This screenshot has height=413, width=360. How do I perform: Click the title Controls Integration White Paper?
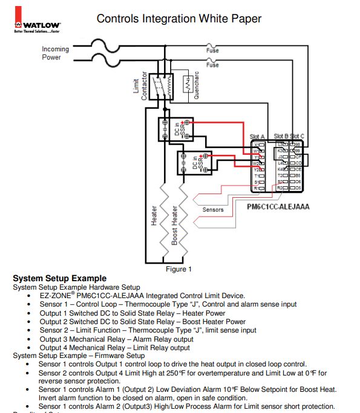[179, 19]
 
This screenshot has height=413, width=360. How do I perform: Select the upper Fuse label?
[212, 51]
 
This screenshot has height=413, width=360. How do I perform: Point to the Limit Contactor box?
[160, 86]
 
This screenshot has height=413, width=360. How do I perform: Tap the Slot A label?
[257, 137]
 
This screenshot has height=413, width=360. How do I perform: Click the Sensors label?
[213, 210]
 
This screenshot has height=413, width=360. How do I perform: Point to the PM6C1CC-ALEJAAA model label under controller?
[278, 207]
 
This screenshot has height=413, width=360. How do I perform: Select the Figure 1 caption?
[178, 269]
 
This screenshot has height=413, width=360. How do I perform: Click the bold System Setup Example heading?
[59, 278]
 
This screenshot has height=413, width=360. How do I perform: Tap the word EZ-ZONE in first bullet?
[56, 296]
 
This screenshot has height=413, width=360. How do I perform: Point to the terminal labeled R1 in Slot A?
[257, 189]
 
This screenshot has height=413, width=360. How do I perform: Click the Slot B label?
[281, 136]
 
